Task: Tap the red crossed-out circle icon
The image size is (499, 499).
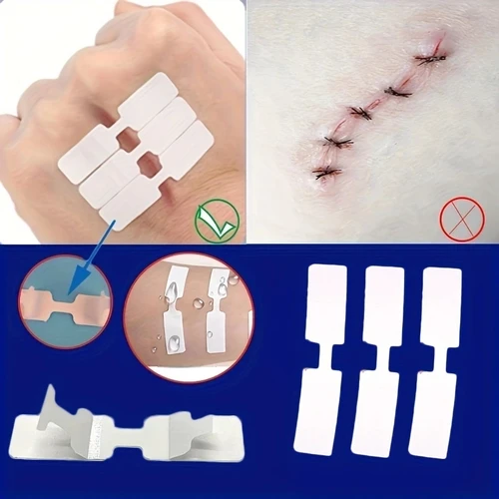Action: click(x=460, y=219)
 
